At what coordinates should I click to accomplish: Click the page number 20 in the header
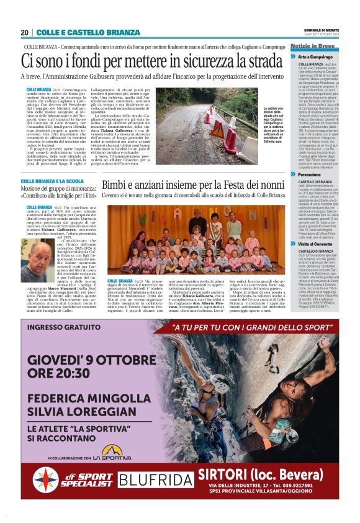[x=25, y=32]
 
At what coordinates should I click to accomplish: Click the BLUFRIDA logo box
[x=155, y=480]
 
